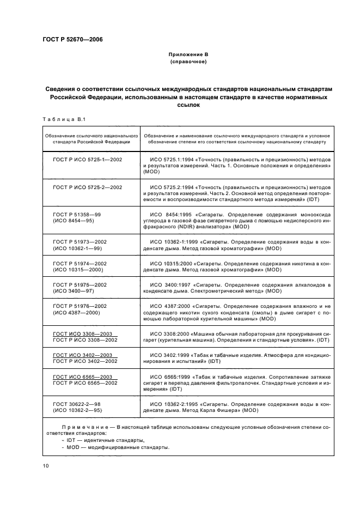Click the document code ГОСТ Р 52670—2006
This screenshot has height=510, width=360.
point(72,40)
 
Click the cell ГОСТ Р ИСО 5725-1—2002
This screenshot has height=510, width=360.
point(87,159)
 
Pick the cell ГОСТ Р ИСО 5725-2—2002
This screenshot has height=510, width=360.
point(87,187)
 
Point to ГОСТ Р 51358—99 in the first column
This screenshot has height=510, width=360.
point(77,215)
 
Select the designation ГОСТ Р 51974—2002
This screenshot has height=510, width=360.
point(80,264)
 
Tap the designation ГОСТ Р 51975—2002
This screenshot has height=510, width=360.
point(80,285)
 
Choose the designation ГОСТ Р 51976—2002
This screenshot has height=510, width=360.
point(80,306)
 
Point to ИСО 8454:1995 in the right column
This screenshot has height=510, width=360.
point(170,215)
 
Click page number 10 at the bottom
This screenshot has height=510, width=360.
point(45,466)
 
